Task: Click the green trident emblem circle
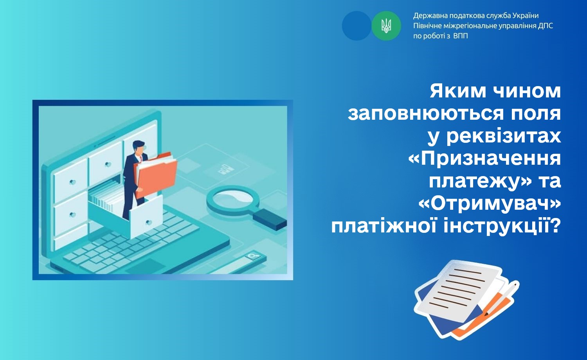tap(386, 26)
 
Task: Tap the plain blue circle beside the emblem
tap(357, 26)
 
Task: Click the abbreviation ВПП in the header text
tap(461, 36)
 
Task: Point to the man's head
tap(139, 148)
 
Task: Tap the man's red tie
tap(141, 158)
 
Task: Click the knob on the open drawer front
tap(149, 222)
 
